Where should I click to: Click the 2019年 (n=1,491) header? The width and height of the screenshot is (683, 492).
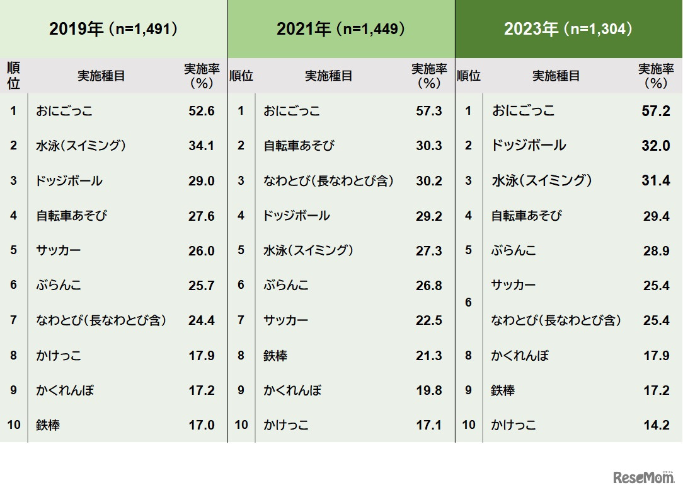113,29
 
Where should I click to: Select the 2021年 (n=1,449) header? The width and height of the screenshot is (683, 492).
341,29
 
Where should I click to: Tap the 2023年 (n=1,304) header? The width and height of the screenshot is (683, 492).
568,29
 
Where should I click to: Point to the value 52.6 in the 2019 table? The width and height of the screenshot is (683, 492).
202,111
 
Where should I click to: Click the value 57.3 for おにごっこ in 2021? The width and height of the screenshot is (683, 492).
429,111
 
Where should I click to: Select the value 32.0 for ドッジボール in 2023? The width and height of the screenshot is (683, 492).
656,146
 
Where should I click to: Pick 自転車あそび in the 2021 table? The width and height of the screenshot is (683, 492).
299,146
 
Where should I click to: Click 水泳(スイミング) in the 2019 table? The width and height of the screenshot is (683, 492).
81,146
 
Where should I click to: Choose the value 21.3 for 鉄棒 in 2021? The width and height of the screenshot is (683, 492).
429,356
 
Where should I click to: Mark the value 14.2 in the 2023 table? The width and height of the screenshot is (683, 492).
656,425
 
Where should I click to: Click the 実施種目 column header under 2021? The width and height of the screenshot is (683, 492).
328,76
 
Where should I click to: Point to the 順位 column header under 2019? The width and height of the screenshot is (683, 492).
13,76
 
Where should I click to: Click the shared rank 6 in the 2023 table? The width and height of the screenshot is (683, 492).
468,303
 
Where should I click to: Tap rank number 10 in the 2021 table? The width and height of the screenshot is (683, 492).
241,425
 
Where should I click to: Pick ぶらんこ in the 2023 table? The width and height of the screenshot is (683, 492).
514,250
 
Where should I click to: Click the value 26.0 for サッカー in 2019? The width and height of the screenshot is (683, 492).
202,250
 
